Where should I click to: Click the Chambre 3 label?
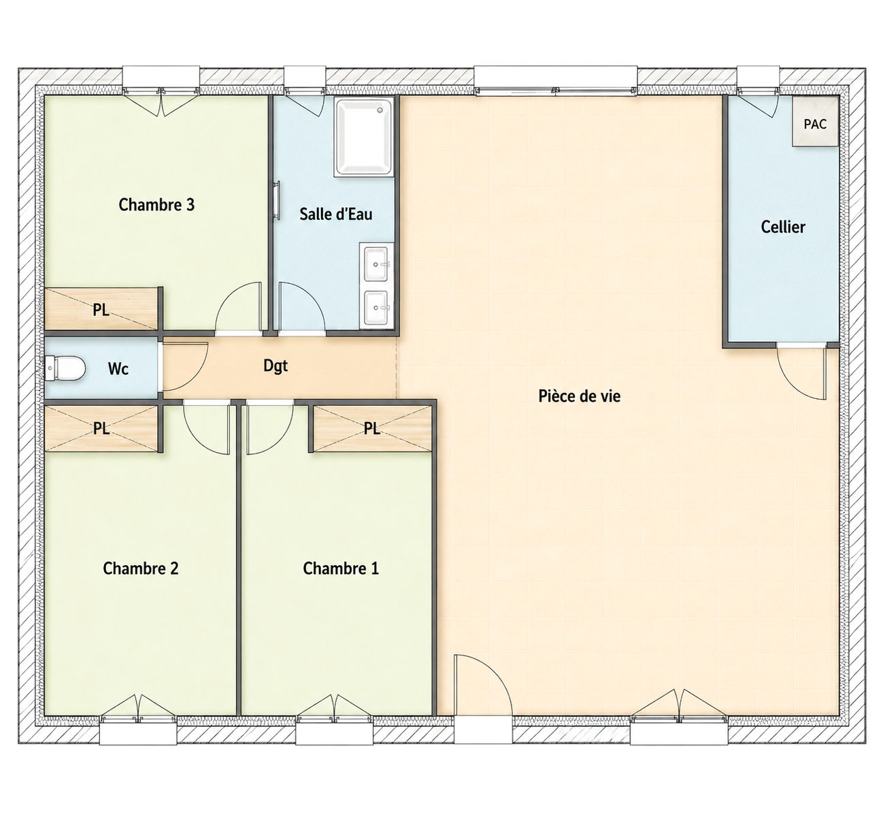point(156,205)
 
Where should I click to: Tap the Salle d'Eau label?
point(335,214)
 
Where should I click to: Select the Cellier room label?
point(782,227)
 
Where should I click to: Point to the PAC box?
point(815,122)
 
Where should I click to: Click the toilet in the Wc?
point(65,368)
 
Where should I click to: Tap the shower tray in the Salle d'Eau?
point(364,136)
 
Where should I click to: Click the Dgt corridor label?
point(275,366)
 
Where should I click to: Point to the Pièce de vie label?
point(580,396)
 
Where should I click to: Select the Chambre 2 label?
point(141,568)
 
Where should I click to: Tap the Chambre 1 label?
point(341,568)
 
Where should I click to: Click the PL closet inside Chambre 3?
point(101,308)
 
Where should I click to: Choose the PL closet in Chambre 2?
point(101,428)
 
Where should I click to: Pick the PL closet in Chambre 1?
point(371,428)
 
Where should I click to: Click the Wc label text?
point(118,369)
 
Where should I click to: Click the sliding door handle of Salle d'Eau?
point(278,200)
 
